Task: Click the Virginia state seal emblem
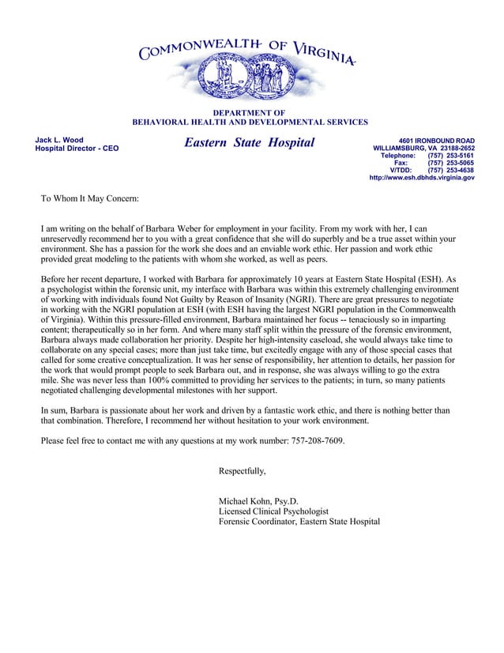(249, 79)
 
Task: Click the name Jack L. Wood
(59, 140)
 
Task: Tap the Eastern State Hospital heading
(249, 143)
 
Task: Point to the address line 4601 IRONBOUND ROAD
(436, 140)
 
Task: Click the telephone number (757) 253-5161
(450, 155)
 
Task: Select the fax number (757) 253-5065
(450, 163)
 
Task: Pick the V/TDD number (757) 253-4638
(450, 170)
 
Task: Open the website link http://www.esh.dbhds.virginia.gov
(422, 178)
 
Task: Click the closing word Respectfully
(242, 471)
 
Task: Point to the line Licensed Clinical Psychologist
(273, 511)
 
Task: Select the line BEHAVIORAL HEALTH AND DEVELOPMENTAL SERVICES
(249, 123)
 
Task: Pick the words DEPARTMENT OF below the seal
(249, 113)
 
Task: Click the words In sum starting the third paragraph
(55, 410)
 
